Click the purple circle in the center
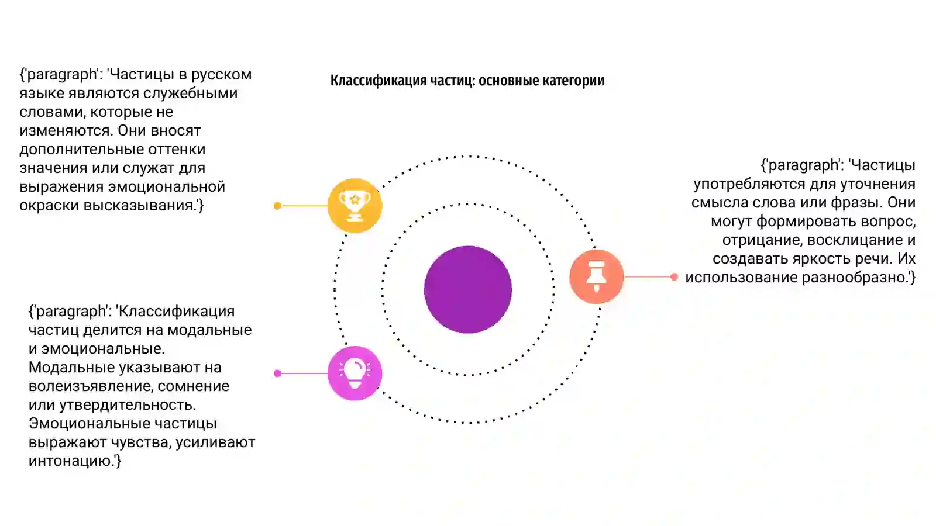coord(468,289)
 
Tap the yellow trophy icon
coord(355,205)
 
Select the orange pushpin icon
coord(597,276)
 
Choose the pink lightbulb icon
coord(355,373)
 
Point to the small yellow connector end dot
coord(277,205)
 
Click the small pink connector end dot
coord(277,373)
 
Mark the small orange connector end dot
coord(674,276)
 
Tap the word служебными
coord(191,93)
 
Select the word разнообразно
coord(853,277)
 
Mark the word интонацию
coord(70,461)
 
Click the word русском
coord(222,74)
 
